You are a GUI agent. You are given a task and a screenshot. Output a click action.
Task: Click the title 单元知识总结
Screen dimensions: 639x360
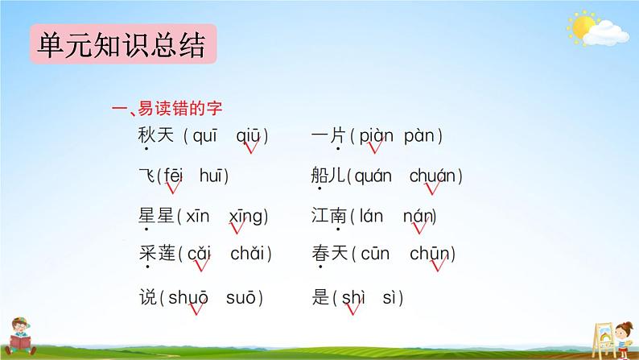coord(122,44)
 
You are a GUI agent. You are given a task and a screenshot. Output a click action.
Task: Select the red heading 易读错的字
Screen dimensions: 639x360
coord(180,109)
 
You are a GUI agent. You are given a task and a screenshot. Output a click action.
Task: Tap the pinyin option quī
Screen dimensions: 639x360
coord(205,136)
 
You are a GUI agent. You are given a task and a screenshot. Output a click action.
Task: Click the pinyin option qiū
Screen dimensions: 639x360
coord(248,136)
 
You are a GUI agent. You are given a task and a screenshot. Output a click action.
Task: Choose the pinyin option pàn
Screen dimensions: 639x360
coord(419,136)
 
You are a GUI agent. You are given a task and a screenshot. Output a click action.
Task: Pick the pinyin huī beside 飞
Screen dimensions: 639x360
coord(212,176)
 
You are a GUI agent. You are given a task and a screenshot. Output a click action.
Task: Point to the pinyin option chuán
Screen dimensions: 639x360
coord(432,176)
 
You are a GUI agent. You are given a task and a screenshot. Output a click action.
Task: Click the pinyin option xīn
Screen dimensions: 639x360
coord(198,216)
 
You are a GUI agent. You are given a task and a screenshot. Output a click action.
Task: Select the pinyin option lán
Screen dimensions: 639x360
coord(371,216)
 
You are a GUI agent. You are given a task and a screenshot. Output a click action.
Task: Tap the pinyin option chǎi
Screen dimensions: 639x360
coord(247,254)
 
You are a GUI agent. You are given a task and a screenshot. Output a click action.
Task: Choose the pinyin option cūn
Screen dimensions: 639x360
coord(375,254)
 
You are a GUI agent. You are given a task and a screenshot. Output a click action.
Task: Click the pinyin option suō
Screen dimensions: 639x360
coord(241,298)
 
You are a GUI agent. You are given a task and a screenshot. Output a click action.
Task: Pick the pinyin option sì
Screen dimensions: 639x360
coord(389,298)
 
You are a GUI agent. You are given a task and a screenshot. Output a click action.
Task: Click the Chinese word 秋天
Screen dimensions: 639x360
coord(155,135)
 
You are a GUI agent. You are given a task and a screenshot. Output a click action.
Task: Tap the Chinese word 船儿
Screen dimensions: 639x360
coord(328,176)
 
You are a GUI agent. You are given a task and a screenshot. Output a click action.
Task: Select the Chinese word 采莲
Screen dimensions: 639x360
coord(157,253)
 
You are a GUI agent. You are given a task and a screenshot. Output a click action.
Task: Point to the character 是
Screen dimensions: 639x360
coord(320,297)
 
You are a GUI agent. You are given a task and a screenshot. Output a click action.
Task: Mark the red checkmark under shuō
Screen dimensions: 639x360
coord(196,308)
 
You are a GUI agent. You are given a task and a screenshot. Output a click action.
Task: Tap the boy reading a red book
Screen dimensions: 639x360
coord(20,336)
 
